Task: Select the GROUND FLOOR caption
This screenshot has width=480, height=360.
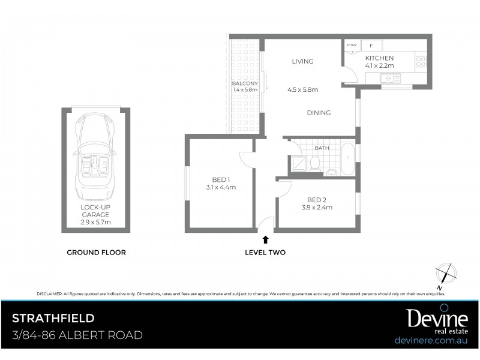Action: (x=96, y=253)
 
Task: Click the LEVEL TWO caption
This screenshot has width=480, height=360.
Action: (x=265, y=253)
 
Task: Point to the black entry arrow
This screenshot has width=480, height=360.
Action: (x=265, y=239)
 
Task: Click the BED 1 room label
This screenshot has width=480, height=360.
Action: (x=220, y=183)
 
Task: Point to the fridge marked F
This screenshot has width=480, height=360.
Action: (x=371, y=46)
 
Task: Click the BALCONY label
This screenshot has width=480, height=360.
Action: (x=245, y=86)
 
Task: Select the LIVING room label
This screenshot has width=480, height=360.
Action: (x=303, y=61)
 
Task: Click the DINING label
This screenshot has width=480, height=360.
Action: (x=319, y=112)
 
